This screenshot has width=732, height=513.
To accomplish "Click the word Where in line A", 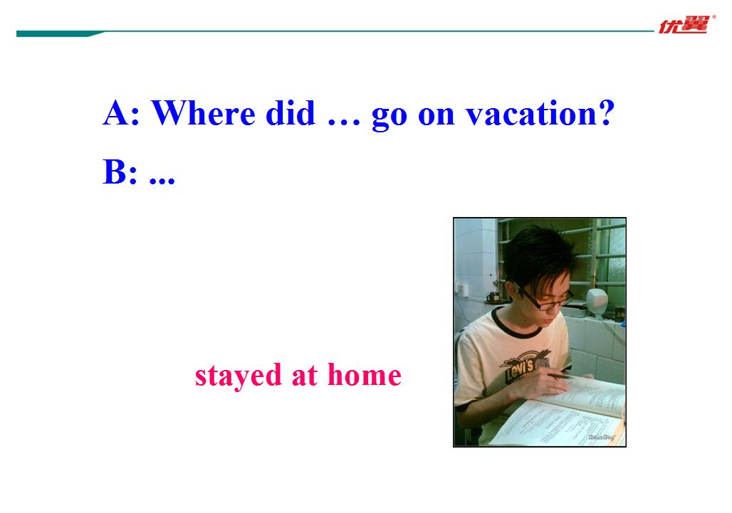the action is click(x=203, y=113).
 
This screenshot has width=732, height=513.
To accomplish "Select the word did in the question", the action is click(x=291, y=113).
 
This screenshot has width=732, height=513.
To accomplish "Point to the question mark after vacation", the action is click(x=606, y=112).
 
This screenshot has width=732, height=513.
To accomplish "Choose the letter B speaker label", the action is click(x=114, y=171).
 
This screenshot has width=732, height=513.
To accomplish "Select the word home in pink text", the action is click(x=365, y=374).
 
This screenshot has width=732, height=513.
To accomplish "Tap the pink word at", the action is click(x=304, y=375).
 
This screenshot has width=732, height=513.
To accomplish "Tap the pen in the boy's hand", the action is click(x=562, y=376).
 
